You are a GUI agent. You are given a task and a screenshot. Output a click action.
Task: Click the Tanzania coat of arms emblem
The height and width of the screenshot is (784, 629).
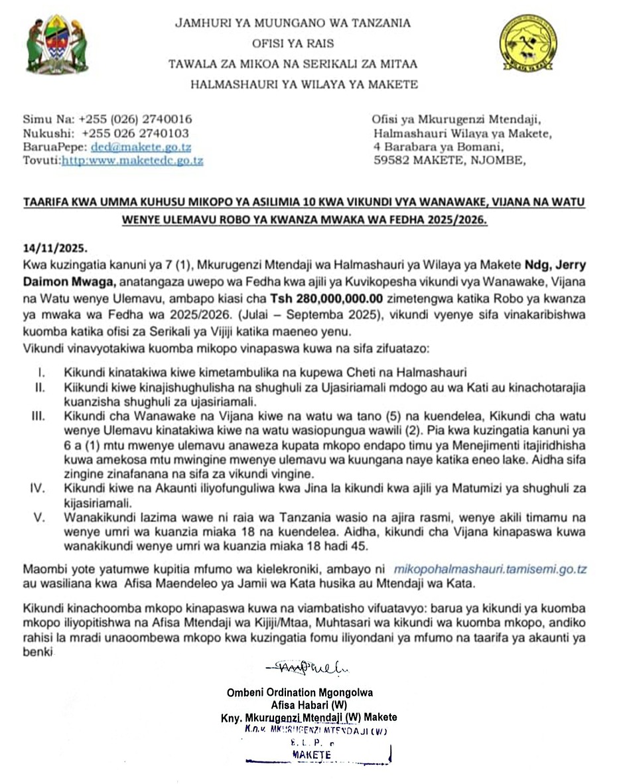(57, 45)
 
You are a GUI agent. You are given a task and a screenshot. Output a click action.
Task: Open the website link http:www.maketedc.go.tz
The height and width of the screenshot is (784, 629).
(133, 161)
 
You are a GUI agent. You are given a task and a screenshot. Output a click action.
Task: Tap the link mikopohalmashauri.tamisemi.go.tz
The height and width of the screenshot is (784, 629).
(490, 569)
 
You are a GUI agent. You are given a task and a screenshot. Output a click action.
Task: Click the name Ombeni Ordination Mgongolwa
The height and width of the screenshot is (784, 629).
(300, 692)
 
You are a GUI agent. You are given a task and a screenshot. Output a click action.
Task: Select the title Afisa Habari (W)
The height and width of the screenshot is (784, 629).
(309, 704)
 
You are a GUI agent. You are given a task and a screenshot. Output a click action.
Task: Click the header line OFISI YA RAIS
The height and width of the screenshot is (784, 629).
(293, 44)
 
